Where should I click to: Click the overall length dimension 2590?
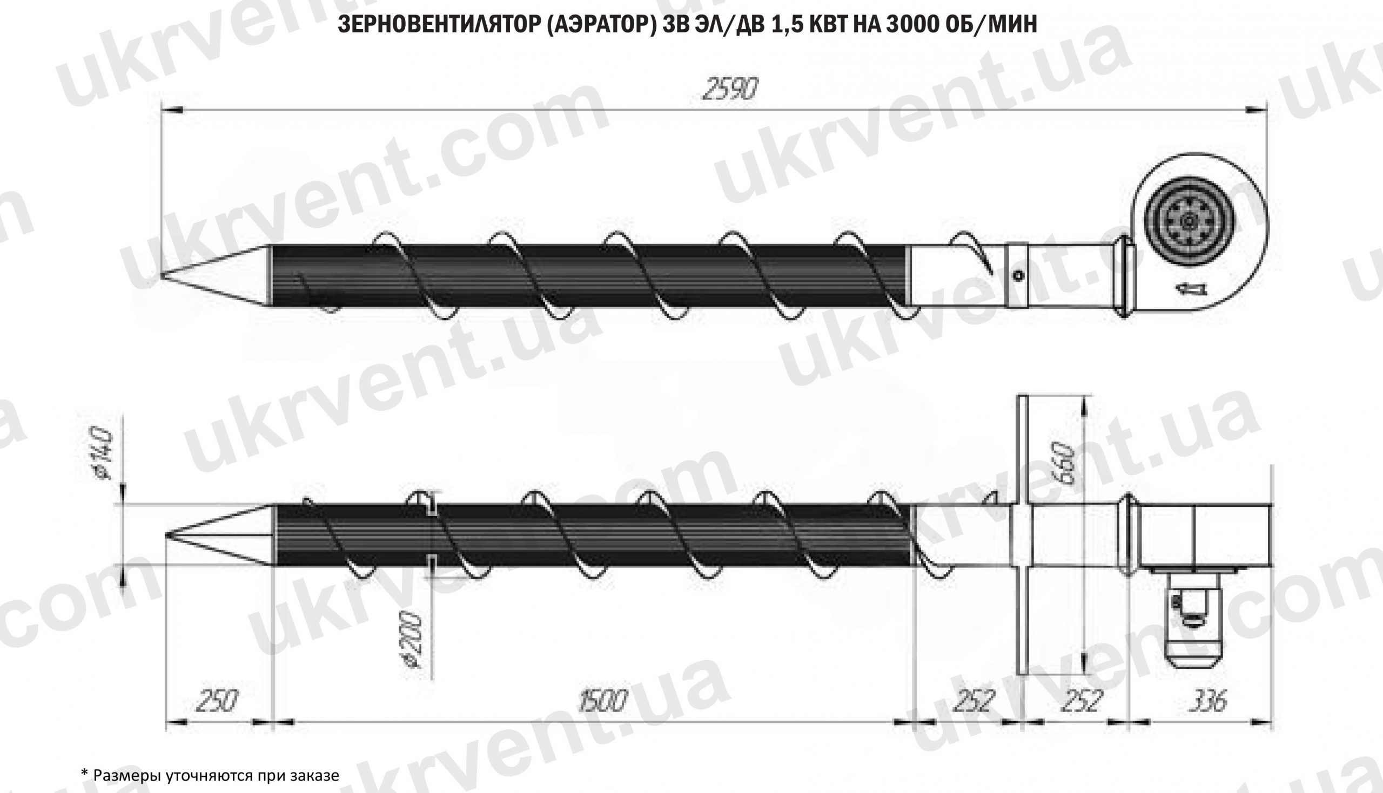pyautogui.click(x=729, y=89)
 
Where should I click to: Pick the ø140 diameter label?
pyautogui.click(x=104, y=453)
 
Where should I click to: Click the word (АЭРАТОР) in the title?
pyautogui.click(x=600, y=24)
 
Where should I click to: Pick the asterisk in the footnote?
pyautogui.click(x=84, y=774)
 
